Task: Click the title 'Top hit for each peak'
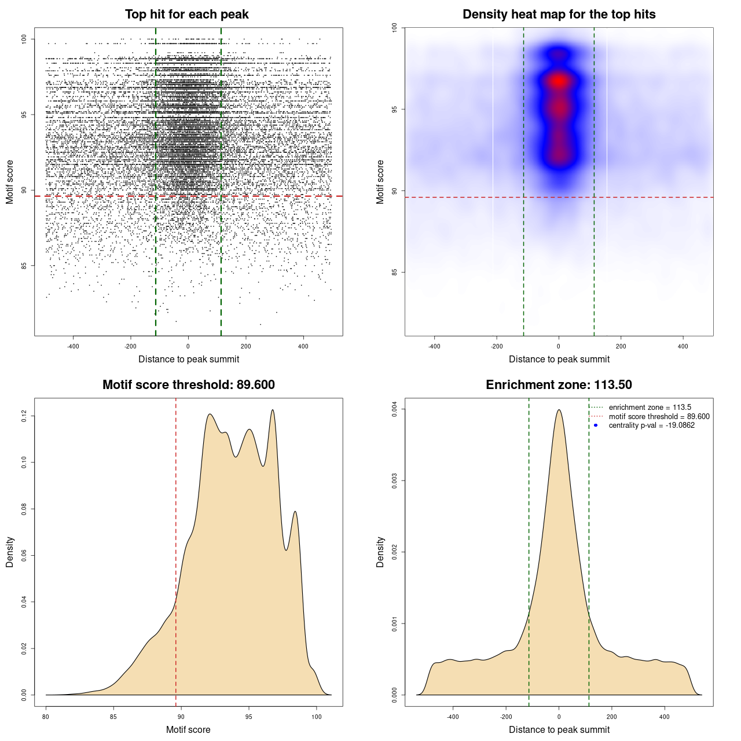[187, 14]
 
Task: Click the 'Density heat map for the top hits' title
[559, 14]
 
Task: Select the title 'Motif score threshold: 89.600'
[188, 385]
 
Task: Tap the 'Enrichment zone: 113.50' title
[559, 385]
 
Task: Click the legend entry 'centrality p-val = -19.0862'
[651, 425]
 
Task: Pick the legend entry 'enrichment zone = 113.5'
[650, 408]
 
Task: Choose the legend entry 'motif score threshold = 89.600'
[659, 416]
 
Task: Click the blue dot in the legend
[596, 425]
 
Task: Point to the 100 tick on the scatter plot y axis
[24, 39]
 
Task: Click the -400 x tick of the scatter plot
[73, 346]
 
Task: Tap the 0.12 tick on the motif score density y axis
[24, 416]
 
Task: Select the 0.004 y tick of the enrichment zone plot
[395, 409]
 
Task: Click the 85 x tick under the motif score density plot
[113, 717]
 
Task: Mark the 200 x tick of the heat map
[621, 346]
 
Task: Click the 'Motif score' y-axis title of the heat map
[380, 182]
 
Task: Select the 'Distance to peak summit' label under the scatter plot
[189, 360]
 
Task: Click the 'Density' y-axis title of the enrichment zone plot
[380, 552]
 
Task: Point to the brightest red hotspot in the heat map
[559, 81]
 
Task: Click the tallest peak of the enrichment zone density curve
[559, 410]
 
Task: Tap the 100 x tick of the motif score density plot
[316, 717]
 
